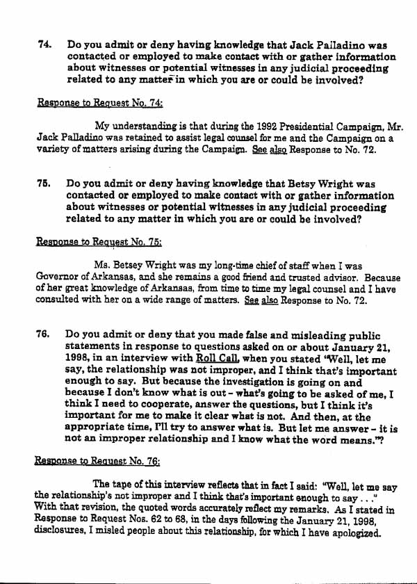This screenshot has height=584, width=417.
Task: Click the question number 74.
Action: tap(44, 44)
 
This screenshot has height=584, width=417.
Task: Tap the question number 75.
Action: tap(44, 184)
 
